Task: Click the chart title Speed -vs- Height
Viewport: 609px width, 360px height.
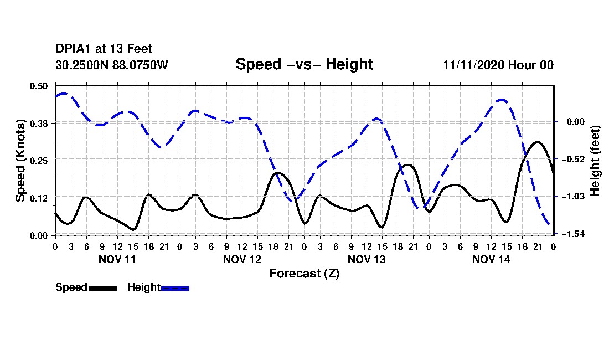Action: [304, 64]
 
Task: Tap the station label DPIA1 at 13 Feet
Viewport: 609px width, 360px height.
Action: [104, 49]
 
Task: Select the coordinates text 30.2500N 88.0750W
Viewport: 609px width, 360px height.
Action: [112, 65]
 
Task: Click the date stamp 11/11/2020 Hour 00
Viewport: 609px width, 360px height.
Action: [498, 65]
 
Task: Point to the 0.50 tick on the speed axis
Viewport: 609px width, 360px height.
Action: [38, 86]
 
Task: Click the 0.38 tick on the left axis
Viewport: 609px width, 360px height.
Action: [38, 124]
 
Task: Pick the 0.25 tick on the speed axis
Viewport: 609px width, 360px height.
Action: [38, 161]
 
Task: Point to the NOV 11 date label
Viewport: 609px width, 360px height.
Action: [117, 259]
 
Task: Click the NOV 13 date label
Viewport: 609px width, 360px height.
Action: [367, 259]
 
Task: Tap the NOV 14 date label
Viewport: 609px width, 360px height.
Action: [491, 259]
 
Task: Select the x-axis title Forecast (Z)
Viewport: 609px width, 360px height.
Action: [304, 274]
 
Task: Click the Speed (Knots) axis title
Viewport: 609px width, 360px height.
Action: [20, 161]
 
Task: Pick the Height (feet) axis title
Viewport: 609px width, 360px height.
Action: [595, 161]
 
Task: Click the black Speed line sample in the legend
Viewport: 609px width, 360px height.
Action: [104, 288]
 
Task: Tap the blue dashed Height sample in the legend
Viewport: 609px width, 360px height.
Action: [175, 288]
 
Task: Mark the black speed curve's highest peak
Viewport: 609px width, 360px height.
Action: [538, 142]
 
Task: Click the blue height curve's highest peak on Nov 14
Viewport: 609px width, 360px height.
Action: [502, 100]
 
